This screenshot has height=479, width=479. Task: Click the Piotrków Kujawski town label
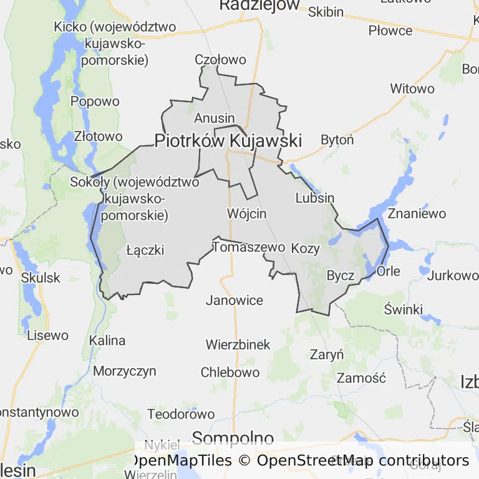228,141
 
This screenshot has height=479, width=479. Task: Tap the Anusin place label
215,118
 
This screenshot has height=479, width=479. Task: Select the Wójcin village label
247,213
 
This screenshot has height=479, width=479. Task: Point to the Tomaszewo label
249,247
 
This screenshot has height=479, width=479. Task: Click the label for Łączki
145,250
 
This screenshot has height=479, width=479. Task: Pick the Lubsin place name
315,198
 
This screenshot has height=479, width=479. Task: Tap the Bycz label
341,276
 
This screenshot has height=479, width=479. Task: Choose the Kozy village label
306,248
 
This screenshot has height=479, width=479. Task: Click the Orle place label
389,271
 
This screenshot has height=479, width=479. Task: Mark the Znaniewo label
417,213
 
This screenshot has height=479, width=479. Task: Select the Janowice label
235,300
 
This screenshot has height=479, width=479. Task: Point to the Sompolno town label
233,437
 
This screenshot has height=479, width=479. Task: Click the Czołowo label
221,60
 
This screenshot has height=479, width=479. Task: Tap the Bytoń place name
337,140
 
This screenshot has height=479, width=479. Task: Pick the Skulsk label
41,277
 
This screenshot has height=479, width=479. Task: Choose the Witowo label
412,89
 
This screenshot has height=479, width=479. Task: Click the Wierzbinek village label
238,344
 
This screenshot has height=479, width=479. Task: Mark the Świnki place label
404,309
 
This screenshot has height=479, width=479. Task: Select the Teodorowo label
181,414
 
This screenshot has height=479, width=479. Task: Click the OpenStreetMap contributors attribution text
363,461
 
